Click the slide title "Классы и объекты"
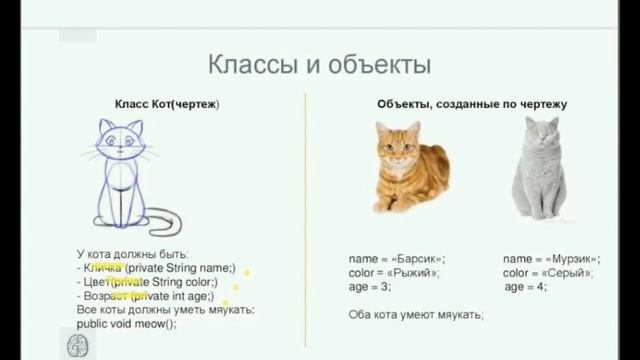pyautogui.click(x=319, y=67)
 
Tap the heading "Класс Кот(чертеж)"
pyautogui.click(x=167, y=104)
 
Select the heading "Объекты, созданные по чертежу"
pyautogui.click(x=472, y=104)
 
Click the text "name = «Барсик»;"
pyautogui.click(x=397, y=259)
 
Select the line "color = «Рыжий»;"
pyautogui.click(x=394, y=273)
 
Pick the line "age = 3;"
pyautogui.click(x=370, y=287)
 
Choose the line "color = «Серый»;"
pyautogui.click(x=548, y=273)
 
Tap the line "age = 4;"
pyautogui.click(x=526, y=287)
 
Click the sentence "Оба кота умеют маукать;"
pyautogui.click(x=416, y=315)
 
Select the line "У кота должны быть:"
pyautogui.click(x=132, y=254)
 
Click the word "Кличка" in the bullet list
pyautogui.click(x=104, y=268)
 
